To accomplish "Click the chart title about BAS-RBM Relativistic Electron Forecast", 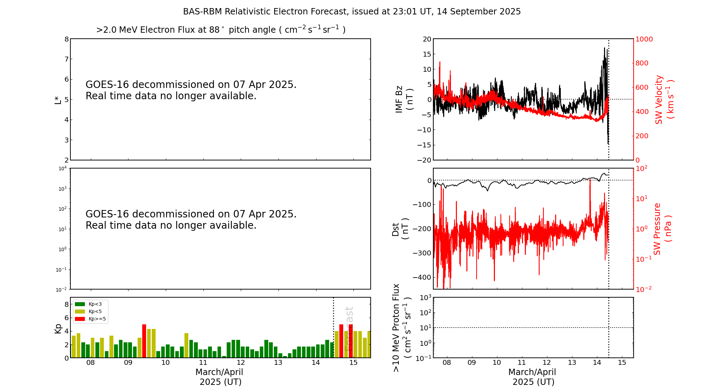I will pos(352,12).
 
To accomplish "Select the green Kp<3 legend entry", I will pos(88,304).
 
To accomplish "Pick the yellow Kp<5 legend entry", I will pos(88,311).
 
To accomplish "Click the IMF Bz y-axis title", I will pos(404,99).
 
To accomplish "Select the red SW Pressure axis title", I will pos(662,229).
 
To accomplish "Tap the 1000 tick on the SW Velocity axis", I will pos(643,39).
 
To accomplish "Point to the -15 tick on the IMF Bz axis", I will pos(425,145).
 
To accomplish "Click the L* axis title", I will pos(58,100).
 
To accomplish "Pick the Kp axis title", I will pos(58,328).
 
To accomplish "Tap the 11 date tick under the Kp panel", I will pos(203,363).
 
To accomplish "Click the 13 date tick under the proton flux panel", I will pos(572,363).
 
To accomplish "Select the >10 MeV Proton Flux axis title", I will pos(402,328).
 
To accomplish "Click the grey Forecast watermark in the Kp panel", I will pos(348,329).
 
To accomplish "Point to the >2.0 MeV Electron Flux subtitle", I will pos(221,30).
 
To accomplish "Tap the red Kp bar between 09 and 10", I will pos(144,341).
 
